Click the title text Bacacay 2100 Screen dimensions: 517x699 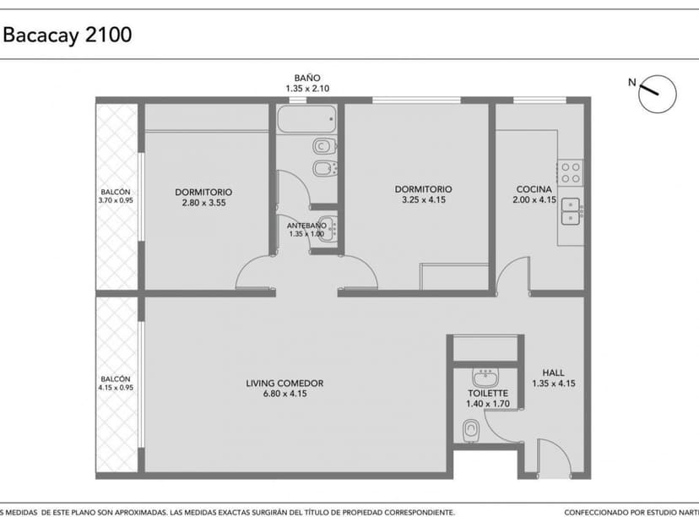[68, 35]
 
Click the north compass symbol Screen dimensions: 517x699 [656, 93]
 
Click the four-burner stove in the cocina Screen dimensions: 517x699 [572, 172]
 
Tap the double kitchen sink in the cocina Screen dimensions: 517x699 [572, 210]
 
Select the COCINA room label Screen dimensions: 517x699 [534, 189]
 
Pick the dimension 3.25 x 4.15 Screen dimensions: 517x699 [423, 200]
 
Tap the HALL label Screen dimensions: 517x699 [553, 373]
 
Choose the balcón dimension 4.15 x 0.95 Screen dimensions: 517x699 [116, 389]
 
